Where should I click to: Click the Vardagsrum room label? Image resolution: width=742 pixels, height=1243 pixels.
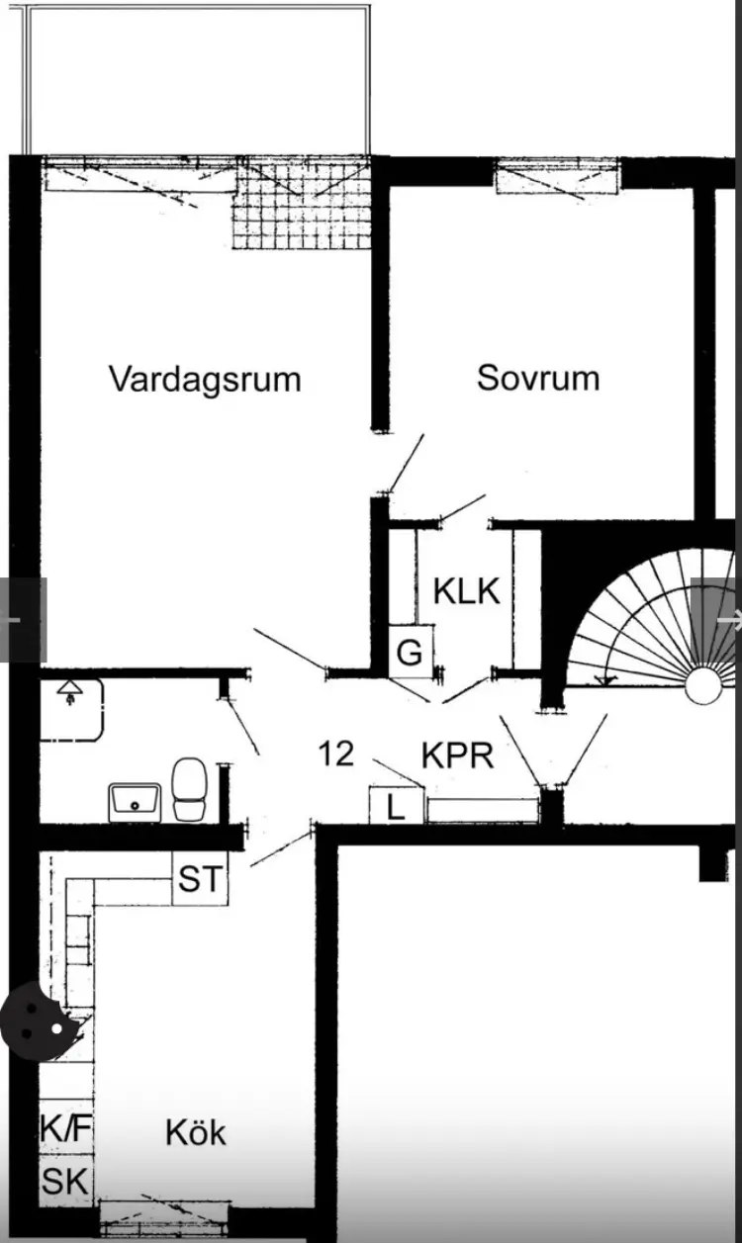click(205, 380)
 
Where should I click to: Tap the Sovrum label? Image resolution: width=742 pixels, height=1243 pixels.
click(538, 379)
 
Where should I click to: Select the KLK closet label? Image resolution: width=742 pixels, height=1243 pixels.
click(467, 591)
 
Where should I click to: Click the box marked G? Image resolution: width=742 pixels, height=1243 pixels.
click(411, 652)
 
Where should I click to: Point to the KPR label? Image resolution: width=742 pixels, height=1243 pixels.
click(458, 755)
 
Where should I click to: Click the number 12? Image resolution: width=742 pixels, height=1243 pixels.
click(335, 754)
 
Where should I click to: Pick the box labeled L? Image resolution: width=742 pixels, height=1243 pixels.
click(397, 806)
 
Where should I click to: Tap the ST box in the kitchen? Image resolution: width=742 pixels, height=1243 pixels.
click(200, 878)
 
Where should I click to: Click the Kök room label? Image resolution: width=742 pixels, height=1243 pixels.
click(196, 1132)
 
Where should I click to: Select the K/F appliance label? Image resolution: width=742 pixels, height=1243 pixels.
click(65, 1127)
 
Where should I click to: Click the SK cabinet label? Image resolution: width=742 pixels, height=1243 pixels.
click(65, 1181)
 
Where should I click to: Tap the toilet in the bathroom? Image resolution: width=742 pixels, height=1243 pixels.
click(189, 790)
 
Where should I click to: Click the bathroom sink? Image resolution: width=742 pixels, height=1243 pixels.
click(135, 802)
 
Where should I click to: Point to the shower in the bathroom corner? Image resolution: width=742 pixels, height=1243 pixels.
click(71, 710)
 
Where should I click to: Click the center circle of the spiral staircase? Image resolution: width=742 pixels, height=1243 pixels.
click(703, 686)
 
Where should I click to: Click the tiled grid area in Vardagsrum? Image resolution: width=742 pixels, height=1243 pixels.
click(302, 204)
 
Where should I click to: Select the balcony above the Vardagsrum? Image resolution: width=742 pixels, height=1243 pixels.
click(197, 80)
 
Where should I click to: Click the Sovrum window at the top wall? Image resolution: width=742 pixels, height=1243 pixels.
click(557, 176)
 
